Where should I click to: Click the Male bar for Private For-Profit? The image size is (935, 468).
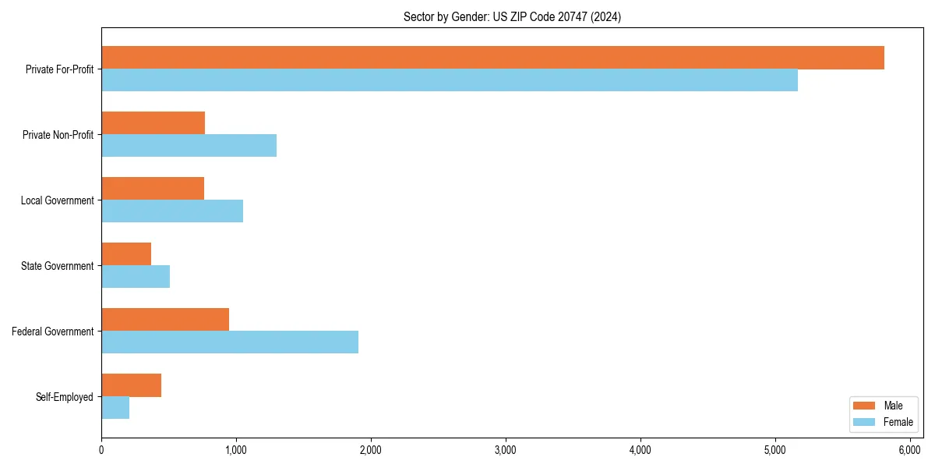point(492,58)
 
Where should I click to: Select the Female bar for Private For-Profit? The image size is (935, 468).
point(450,80)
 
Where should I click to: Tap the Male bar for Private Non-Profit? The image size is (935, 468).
point(153,123)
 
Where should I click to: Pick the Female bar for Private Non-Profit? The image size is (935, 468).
point(189,146)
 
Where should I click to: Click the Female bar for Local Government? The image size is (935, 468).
point(172,211)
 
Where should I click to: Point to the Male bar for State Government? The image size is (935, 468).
point(126,254)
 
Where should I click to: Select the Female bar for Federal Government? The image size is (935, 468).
point(230,342)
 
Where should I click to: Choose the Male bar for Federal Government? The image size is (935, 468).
point(165,320)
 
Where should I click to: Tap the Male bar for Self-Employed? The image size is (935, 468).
point(132,385)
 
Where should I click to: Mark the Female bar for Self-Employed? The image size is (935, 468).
point(115,408)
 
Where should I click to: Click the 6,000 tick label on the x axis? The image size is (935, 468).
point(910,450)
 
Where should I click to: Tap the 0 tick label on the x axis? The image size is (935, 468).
point(101,450)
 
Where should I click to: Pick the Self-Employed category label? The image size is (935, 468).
point(65,397)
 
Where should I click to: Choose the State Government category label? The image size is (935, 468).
point(58,266)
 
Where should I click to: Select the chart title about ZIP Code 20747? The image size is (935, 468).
point(512,16)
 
